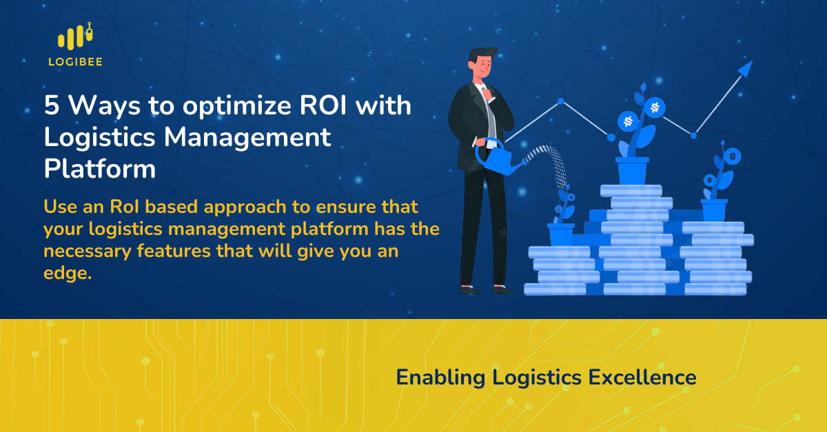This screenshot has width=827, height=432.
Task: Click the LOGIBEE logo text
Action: pos(76,61)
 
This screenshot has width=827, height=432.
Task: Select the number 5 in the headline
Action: pos(52,107)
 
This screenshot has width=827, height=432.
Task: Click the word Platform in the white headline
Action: pos(99,168)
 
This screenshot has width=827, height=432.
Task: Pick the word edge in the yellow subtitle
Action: pos(67,274)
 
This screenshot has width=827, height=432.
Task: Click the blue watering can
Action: pos(499,156)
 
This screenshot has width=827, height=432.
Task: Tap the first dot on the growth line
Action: pos(561,102)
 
